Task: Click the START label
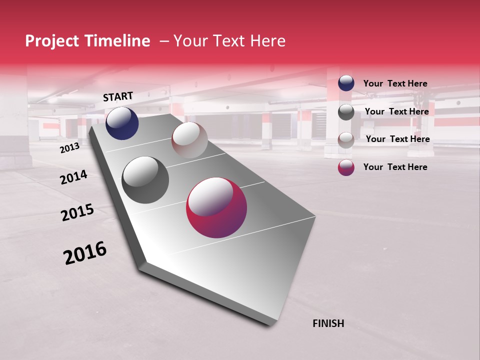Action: click(x=118, y=96)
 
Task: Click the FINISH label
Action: click(x=328, y=323)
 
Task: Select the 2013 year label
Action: click(x=69, y=148)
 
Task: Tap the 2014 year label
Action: click(x=73, y=177)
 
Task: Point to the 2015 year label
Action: click(x=77, y=212)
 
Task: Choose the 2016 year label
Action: click(x=85, y=253)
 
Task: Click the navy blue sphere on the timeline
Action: click(x=122, y=123)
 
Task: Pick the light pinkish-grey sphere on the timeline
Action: click(x=189, y=139)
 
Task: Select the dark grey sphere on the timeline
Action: click(x=145, y=179)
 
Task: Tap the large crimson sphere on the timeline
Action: click(x=216, y=207)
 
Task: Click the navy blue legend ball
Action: click(x=346, y=83)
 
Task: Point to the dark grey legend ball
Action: click(x=346, y=112)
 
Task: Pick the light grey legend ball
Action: click(x=346, y=139)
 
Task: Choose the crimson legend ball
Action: click(x=346, y=167)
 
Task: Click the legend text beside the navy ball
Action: click(x=395, y=83)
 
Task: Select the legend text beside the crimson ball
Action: click(x=395, y=167)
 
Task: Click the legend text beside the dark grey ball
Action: click(x=396, y=111)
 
